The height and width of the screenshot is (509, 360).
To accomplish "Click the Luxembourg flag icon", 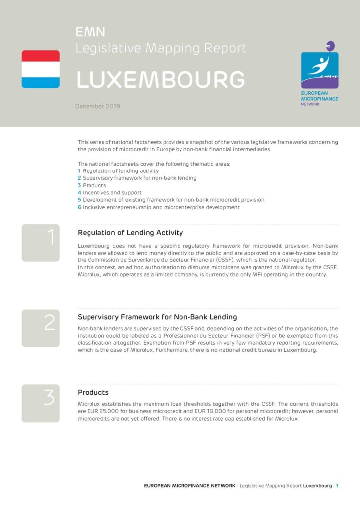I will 40,69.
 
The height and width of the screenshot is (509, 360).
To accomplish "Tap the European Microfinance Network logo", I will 320,75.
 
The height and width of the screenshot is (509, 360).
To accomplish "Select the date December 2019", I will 97,106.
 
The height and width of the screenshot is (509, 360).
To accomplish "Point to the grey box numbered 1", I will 40,243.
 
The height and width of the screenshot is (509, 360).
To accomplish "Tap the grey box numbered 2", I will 40,328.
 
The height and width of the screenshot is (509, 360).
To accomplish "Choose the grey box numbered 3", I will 40,403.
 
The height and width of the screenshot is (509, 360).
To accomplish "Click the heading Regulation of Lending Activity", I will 130,233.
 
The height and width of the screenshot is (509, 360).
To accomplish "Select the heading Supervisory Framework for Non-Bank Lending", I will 157,317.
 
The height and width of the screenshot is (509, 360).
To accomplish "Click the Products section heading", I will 93,393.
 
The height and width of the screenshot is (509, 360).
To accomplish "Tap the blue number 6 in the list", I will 79,207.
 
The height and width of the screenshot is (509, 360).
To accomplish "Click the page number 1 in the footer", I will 337,486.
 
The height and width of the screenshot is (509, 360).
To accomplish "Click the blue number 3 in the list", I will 79,185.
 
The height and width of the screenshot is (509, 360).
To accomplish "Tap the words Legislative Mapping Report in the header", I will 161,48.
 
